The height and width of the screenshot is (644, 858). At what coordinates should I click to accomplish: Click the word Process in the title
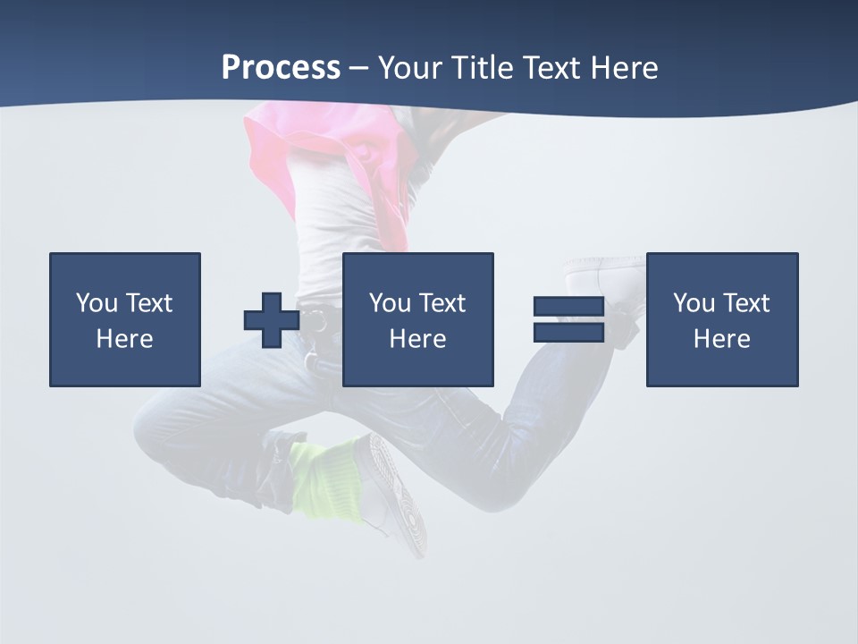click(281, 68)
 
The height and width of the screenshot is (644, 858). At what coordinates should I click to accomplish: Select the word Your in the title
click(407, 68)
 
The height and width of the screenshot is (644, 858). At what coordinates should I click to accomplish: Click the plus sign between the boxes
click(272, 320)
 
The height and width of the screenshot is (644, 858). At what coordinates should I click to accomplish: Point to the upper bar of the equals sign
click(568, 307)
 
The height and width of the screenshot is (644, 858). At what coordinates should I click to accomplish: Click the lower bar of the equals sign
click(568, 332)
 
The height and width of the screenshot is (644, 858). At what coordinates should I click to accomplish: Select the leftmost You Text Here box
click(125, 319)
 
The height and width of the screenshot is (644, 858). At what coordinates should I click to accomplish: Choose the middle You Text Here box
click(417, 319)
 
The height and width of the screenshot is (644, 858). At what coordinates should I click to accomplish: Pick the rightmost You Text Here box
click(722, 319)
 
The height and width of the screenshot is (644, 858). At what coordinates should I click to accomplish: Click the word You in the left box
click(97, 303)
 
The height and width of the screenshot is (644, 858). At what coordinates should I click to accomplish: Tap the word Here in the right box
click(722, 338)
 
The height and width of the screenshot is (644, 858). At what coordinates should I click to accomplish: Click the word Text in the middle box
click(442, 303)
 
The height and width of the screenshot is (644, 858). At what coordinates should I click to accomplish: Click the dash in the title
click(359, 68)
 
